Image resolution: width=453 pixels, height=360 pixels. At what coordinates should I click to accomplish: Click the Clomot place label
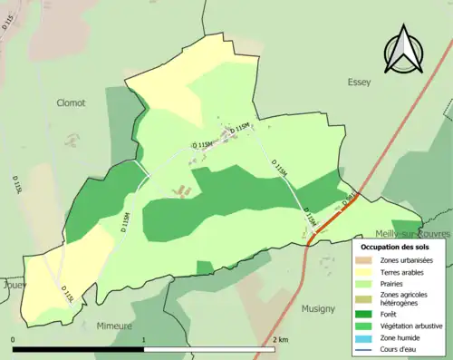[x=70, y=102]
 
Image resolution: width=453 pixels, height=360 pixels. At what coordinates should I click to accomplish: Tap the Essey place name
[x=359, y=82]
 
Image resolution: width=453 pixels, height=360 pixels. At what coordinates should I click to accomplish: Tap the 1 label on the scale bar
[x=145, y=339]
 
